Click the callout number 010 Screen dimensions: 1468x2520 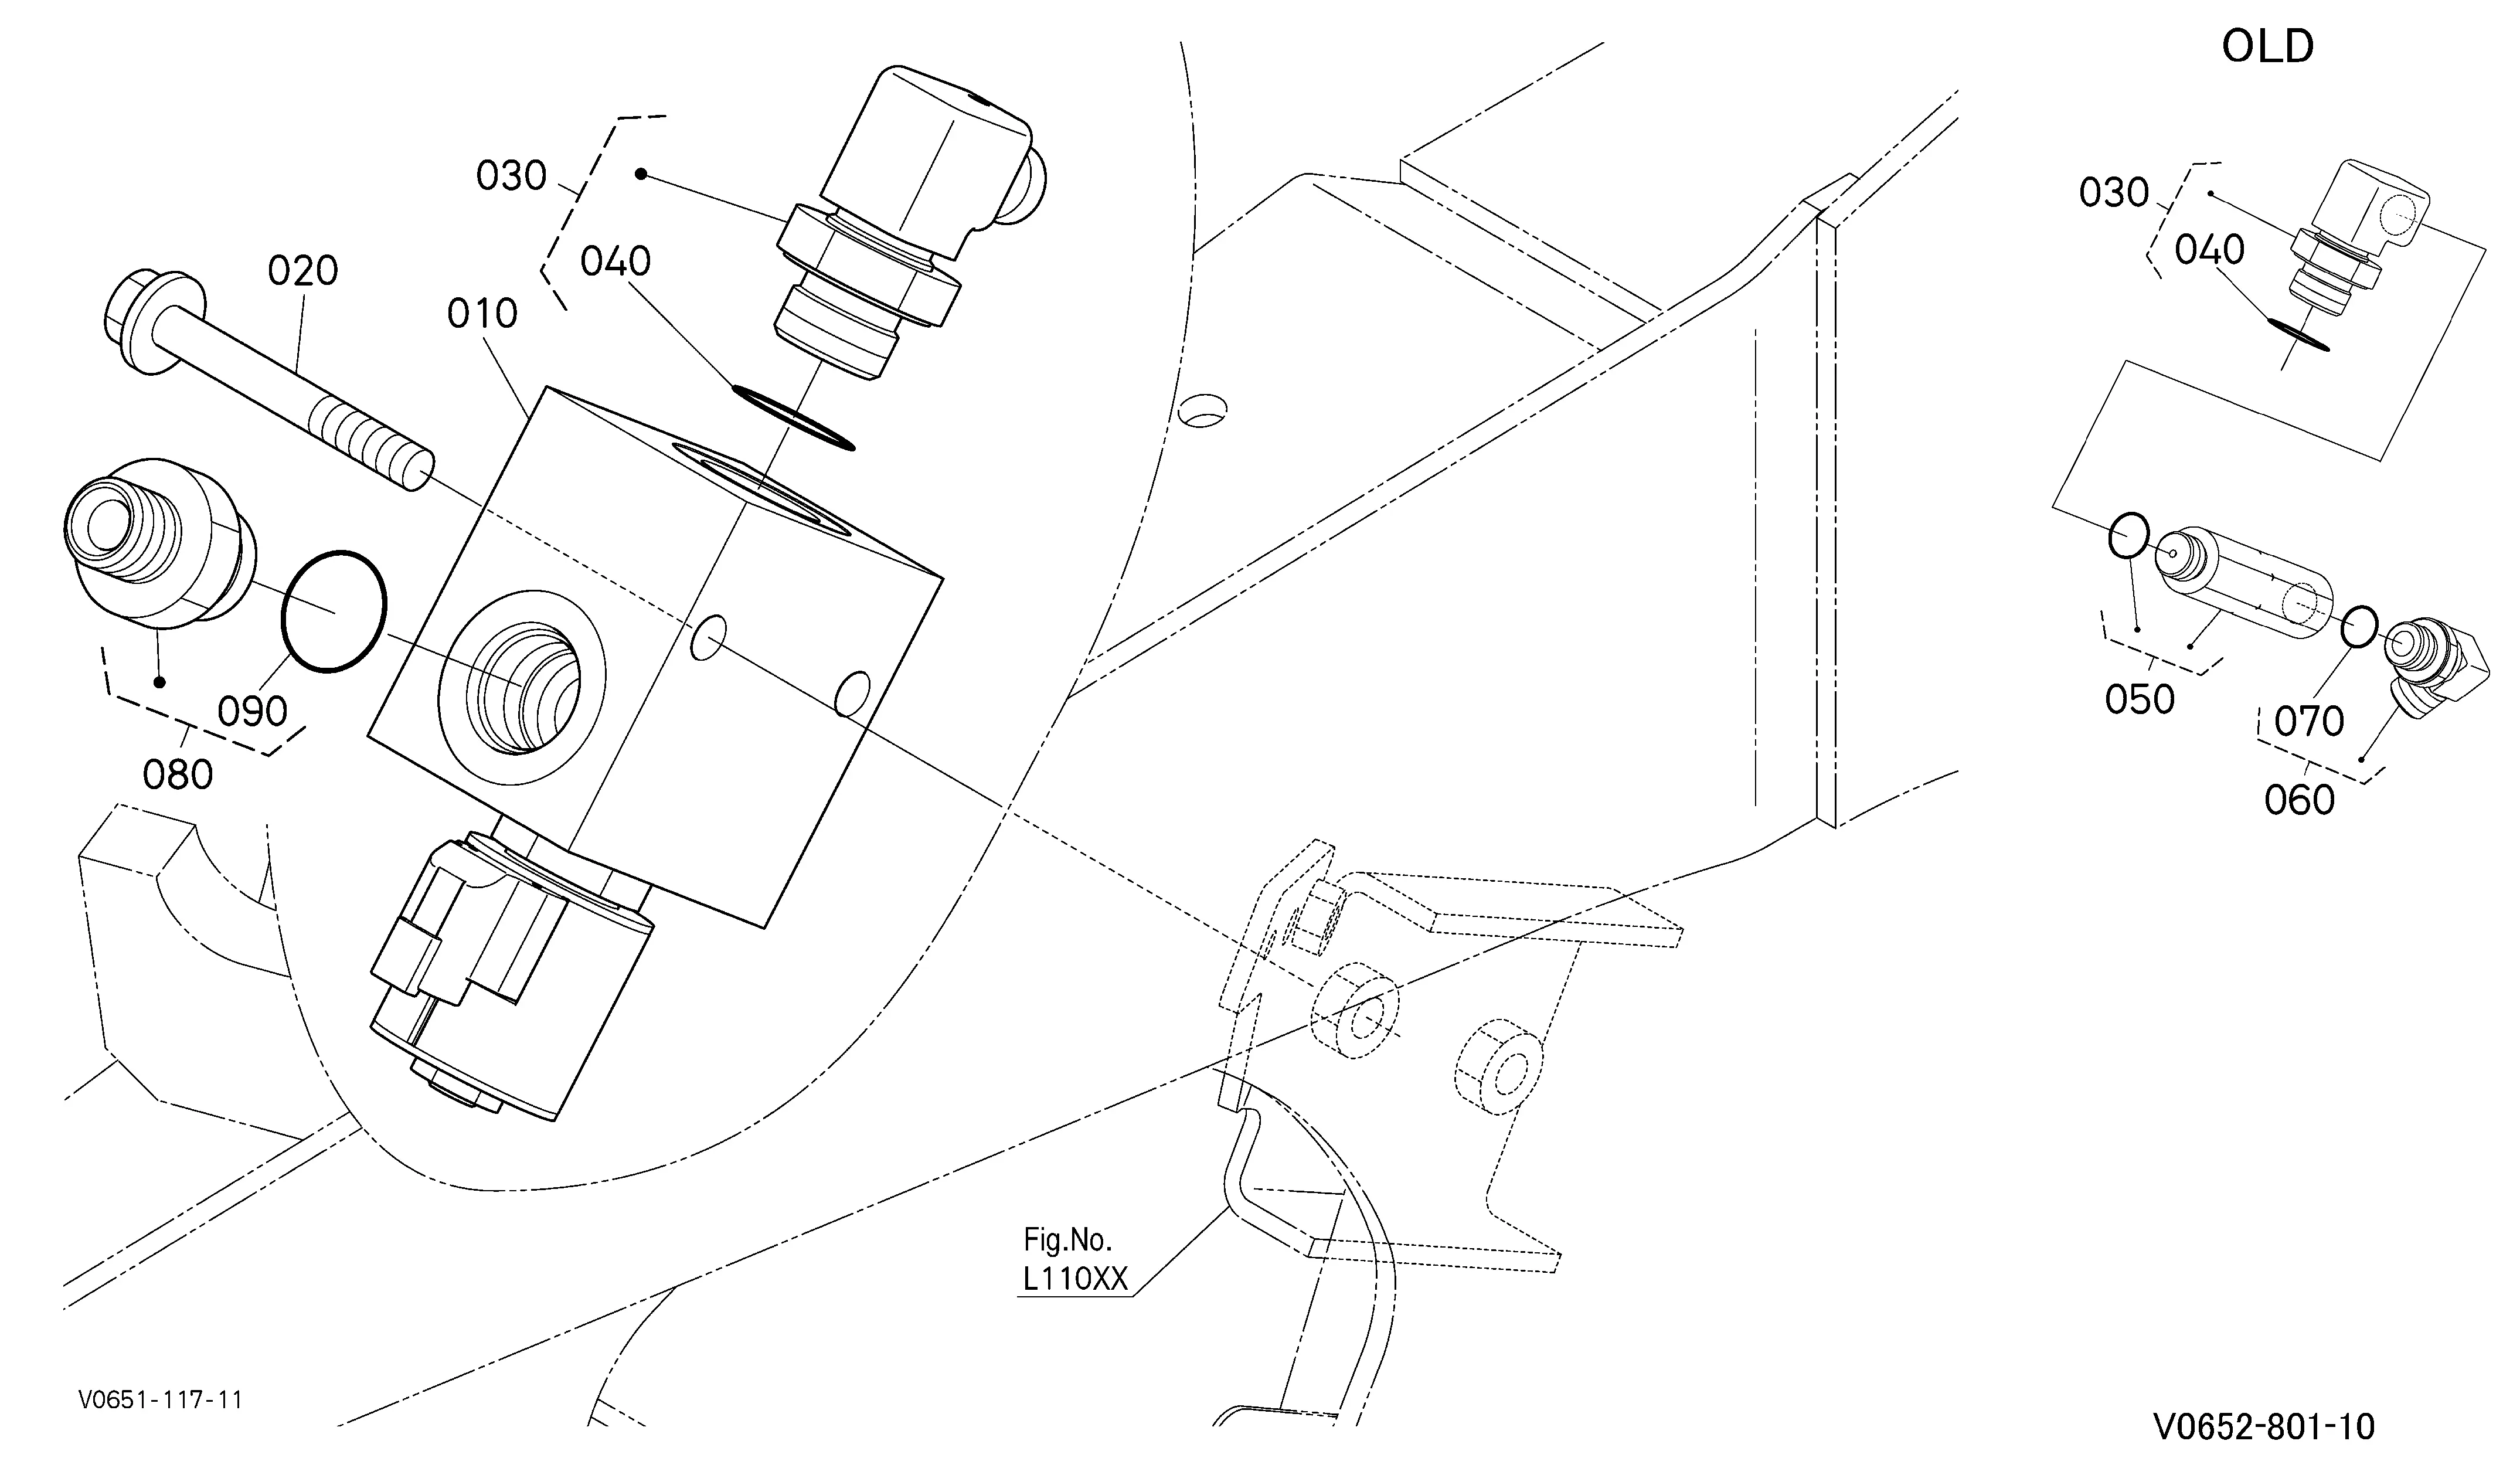482,314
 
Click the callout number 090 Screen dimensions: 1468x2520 253,712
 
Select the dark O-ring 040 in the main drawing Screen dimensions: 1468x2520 793,417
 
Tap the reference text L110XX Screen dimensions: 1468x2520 1075,1280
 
